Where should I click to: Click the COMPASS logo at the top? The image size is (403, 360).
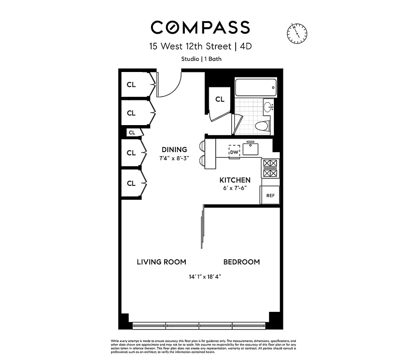200,27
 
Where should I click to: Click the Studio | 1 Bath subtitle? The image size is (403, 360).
201,58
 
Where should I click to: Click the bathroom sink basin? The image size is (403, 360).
268,107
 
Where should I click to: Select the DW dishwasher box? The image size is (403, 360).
234,152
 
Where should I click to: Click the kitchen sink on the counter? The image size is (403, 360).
250,148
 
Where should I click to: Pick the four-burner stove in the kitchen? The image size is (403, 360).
270,168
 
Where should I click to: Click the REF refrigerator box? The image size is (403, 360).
270,196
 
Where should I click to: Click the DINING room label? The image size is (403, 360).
174,150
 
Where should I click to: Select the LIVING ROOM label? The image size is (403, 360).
161,262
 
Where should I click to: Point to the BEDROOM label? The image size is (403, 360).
242,262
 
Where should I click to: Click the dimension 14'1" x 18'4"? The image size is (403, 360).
205,277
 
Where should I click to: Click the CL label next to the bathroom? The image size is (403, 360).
219,99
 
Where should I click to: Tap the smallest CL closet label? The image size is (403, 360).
132,133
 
